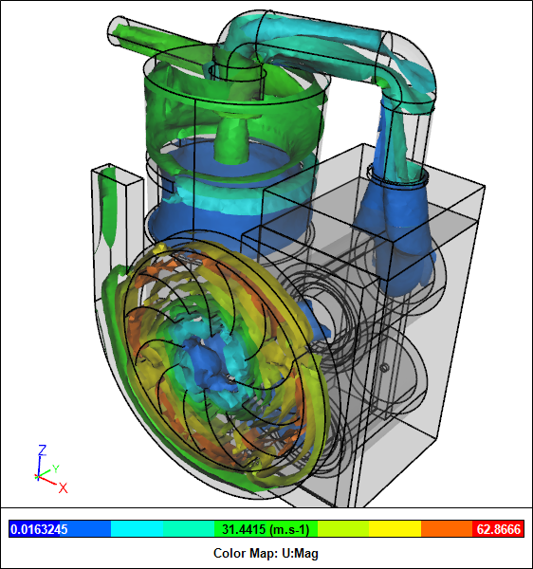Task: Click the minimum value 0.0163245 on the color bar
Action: click(x=39, y=529)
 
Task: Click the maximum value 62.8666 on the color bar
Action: click(x=499, y=529)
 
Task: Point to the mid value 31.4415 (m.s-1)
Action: click(x=266, y=529)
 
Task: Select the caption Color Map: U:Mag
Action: click(x=266, y=553)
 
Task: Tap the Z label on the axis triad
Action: click(x=43, y=450)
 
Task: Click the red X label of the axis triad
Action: click(x=64, y=488)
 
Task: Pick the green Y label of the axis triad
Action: click(x=56, y=468)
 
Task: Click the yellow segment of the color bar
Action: click(x=395, y=529)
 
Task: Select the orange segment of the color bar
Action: click(x=447, y=529)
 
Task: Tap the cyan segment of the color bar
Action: click(x=137, y=529)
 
